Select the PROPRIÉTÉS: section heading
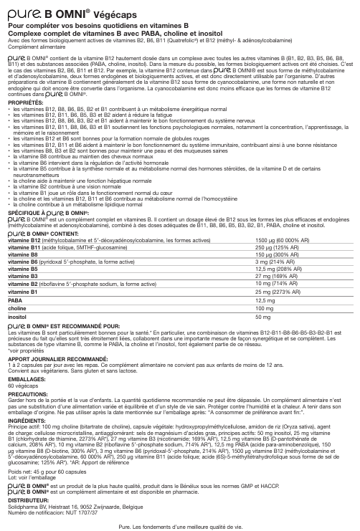(x=24, y=103)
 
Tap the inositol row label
(x=18, y=316)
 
